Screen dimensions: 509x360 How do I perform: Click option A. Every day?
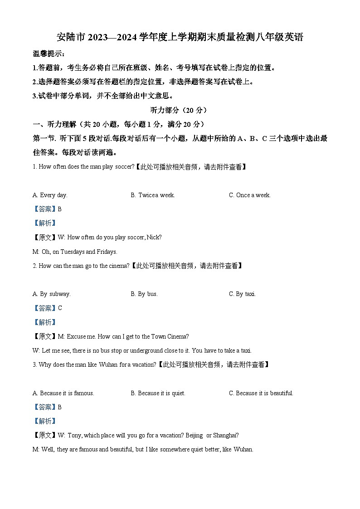pos(50,195)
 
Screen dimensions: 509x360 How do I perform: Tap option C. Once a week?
pos(250,195)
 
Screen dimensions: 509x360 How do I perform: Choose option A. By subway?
pos(52,294)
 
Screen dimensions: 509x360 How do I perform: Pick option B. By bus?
pos(144,294)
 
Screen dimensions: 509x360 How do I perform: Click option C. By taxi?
pos(243,294)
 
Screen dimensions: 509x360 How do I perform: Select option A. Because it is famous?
pos(63,393)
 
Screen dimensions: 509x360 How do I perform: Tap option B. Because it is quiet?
pos(158,393)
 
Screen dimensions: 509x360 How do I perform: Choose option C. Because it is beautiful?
pos(261,393)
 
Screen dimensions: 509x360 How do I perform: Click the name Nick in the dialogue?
pos(155,237)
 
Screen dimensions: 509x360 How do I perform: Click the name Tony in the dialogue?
pos(75,436)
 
